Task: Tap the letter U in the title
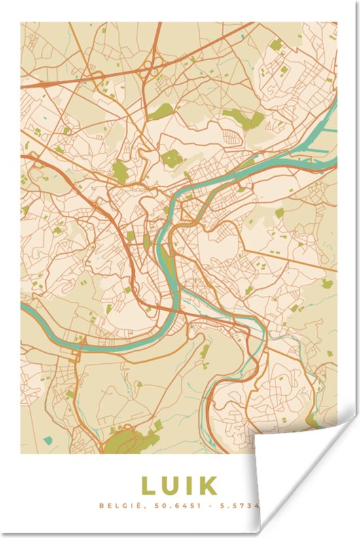pyautogui.click(x=170, y=486)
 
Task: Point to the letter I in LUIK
pyautogui.click(x=188, y=486)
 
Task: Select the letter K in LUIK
pyautogui.click(x=207, y=486)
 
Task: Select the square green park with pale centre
pyautogui.click(x=171, y=158)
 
